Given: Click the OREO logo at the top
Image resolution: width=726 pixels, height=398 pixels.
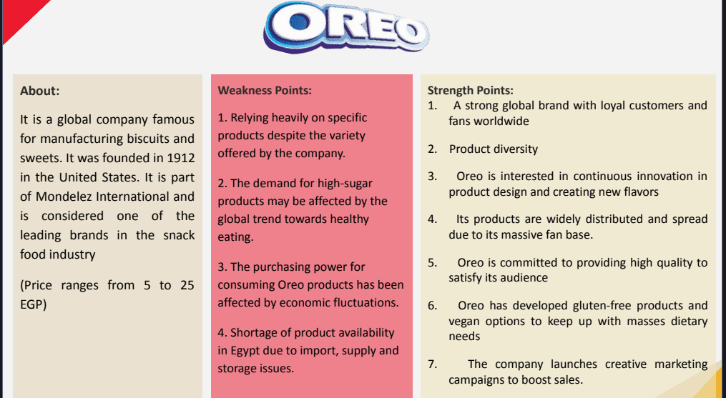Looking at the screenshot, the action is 346,27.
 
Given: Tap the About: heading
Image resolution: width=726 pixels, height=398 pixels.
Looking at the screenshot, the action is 40,91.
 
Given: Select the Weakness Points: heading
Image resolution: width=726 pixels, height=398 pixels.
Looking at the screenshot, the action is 265,90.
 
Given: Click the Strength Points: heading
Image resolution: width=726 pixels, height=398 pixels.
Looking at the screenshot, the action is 471,90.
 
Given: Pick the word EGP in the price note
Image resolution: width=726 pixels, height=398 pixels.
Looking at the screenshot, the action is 34,305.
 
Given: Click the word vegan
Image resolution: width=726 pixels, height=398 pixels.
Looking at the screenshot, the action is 464,322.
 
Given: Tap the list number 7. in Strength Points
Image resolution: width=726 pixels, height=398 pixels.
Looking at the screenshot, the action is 433,364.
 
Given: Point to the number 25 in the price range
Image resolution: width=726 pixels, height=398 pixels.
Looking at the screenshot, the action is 187,286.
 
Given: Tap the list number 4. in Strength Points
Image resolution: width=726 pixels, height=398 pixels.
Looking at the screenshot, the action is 433,219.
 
